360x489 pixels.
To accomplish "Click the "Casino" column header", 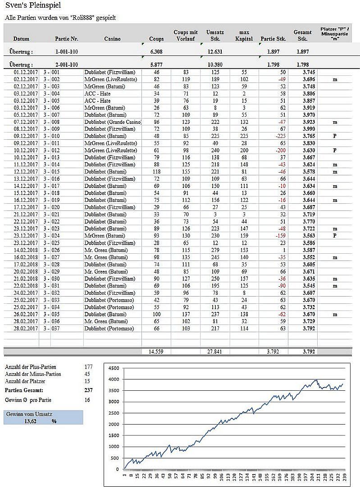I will click(112, 39).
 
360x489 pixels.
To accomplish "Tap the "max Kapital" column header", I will click(244, 36).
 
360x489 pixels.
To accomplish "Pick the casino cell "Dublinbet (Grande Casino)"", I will click(113, 122).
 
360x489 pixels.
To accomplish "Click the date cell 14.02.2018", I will click(25, 250).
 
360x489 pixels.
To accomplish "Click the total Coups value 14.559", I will click(155, 352).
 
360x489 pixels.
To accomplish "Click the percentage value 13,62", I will click(30, 421).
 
